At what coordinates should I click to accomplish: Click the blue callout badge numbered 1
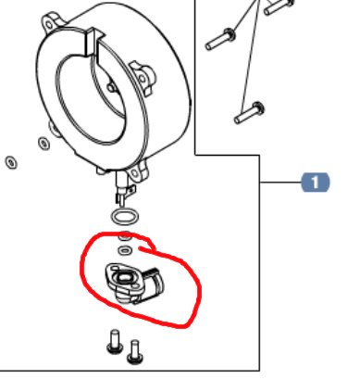[316, 183]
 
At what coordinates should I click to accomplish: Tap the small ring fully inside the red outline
[124, 250]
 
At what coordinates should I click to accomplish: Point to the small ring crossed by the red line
[125, 236]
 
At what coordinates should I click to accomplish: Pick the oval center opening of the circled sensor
[123, 278]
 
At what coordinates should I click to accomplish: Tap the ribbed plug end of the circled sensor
[153, 284]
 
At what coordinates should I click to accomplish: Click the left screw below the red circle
[115, 342]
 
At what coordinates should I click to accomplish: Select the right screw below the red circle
[135, 352]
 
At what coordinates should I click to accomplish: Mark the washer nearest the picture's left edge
[11, 162]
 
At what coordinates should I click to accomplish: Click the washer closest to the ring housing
[43, 143]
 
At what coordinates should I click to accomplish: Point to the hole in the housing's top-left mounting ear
[49, 24]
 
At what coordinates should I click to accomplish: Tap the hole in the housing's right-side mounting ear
[143, 78]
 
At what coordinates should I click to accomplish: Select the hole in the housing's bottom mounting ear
[135, 174]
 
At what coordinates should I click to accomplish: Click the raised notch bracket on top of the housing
[93, 44]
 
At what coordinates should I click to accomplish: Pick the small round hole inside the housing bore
[111, 88]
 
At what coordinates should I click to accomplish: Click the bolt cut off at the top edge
[279, 6]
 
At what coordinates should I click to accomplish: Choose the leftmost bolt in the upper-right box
[220, 39]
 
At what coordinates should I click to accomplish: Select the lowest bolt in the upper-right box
[249, 113]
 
